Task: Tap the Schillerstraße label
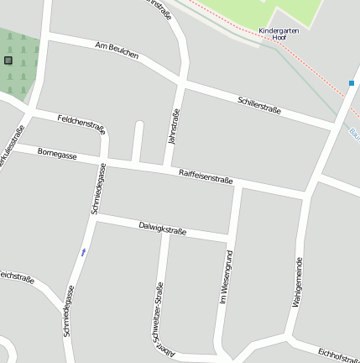pos(259,104)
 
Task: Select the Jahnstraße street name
pos(175,126)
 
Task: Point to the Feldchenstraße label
pos(81,124)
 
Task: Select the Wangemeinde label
pos(298,284)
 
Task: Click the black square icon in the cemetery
pos(8,60)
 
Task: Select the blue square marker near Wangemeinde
pos(352,82)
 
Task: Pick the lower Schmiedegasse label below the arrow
pos(70,311)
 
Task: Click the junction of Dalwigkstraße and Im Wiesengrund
pos(229,235)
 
